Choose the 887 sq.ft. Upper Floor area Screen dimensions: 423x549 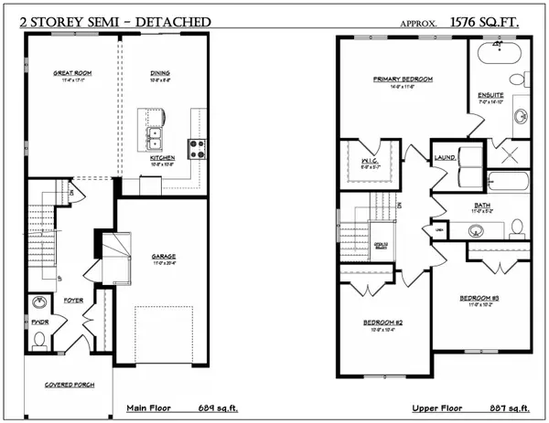coord(492,407)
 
